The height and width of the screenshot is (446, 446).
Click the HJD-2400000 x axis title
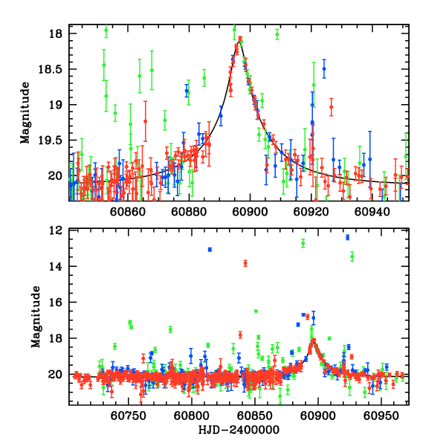point(238,430)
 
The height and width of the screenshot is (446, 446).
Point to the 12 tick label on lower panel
point(56,230)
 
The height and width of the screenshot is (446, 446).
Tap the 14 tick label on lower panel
point(56,266)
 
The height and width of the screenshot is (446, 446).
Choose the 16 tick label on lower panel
point(56,303)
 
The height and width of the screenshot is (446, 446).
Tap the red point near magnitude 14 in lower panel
point(245,263)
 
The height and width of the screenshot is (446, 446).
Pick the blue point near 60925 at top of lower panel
point(347,237)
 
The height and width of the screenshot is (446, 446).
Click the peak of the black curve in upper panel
point(239,45)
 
